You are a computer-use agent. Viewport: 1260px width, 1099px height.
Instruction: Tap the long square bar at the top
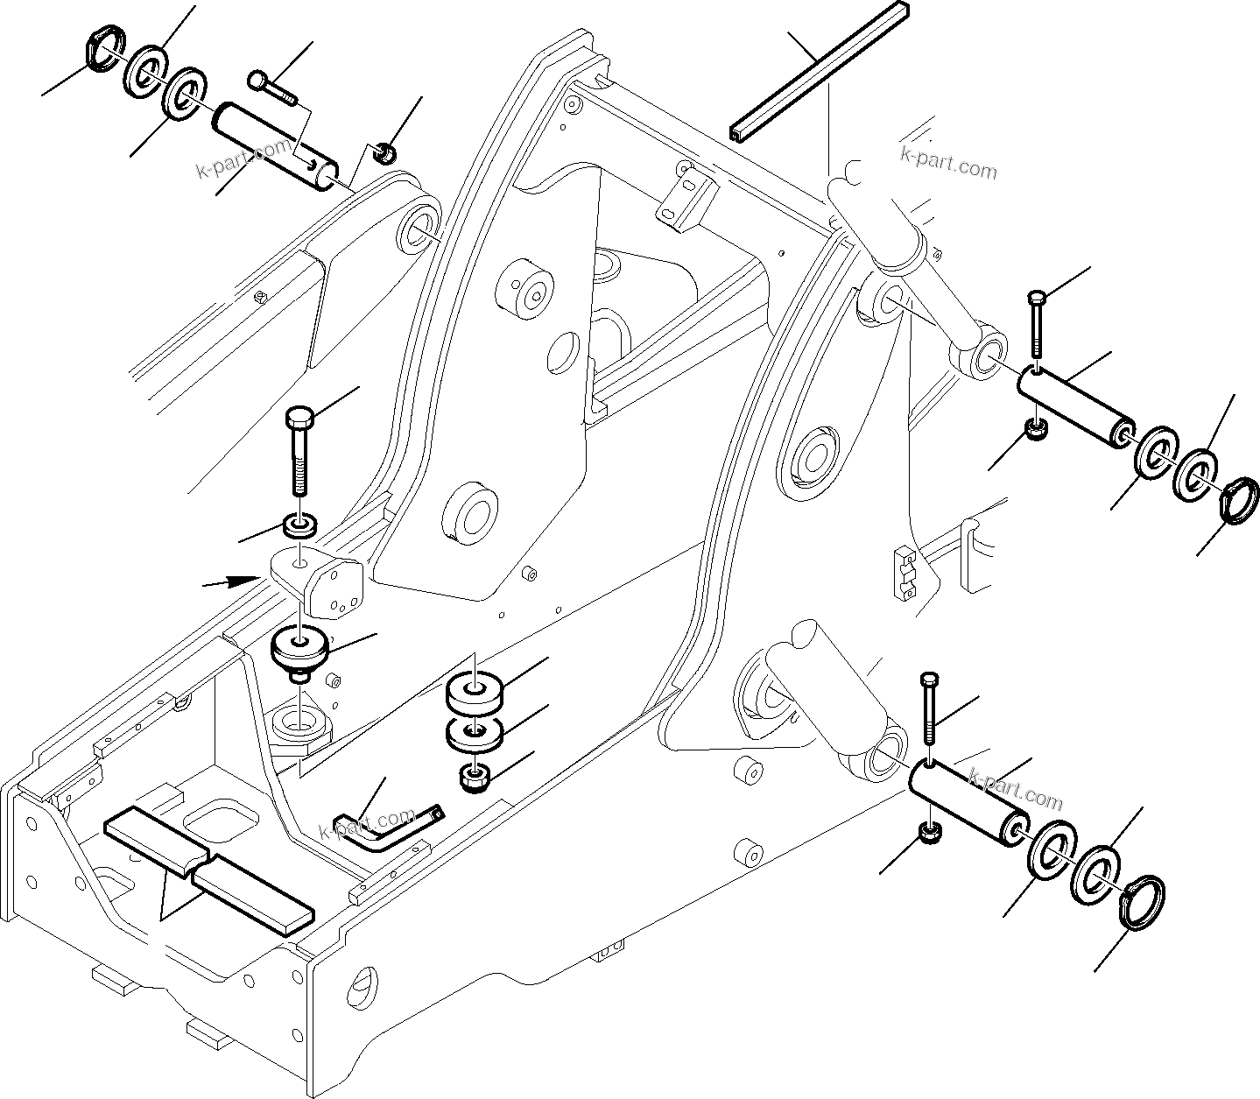pyautogui.click(x=818, y=72)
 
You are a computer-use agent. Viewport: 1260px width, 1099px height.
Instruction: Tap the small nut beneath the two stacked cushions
pyautogui.click(x=475, y=777)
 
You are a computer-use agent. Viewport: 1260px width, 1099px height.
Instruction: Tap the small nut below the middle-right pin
pyautogui.click(x=1033, y=431)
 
